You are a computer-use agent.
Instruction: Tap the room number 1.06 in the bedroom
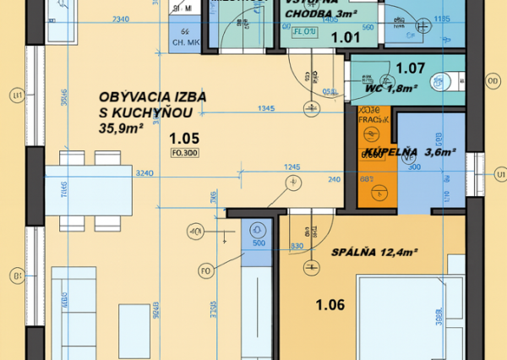tap(330, 305)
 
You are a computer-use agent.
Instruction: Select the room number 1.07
tap(410, 68)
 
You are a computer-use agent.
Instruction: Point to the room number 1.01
tap(345, 37)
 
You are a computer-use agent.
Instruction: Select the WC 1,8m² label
tap(387, 87)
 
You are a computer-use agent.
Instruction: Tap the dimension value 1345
tap(266, 108)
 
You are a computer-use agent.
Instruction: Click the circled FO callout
tap(205, 270)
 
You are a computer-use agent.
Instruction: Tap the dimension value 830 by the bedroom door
tap(297, 246)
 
